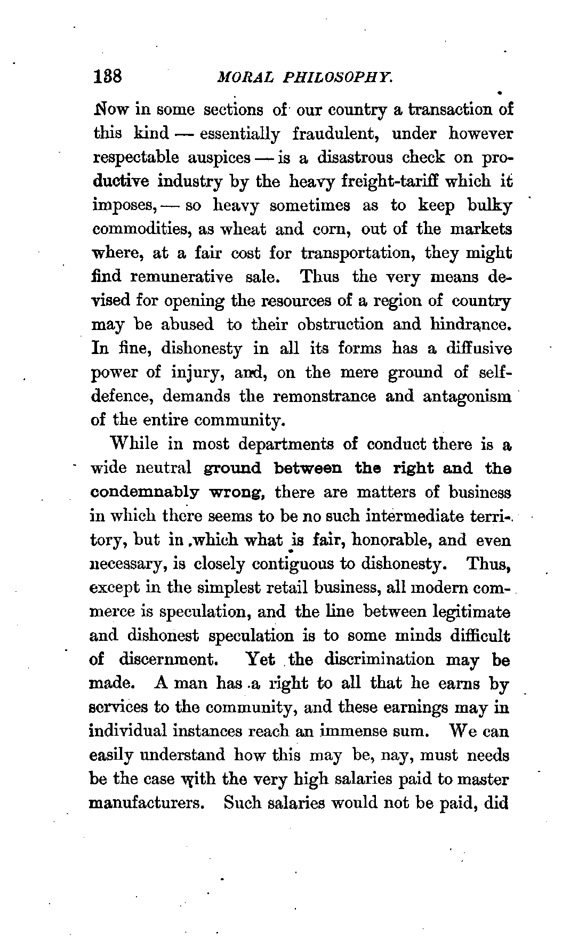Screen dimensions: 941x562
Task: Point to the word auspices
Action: (x=219, y=158)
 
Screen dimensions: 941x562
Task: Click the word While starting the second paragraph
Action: (x=134, y=444)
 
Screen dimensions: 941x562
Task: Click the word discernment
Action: (x=166, y=659)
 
